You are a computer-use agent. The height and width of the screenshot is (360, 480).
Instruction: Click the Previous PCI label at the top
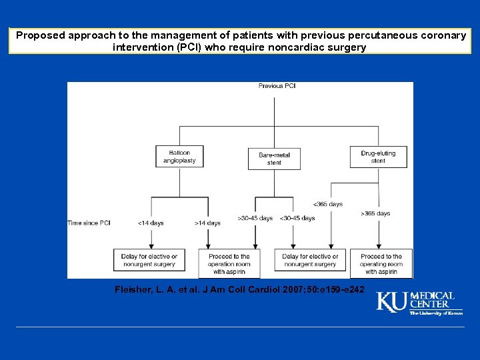277,86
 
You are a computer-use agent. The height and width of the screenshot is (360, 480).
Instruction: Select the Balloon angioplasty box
178,157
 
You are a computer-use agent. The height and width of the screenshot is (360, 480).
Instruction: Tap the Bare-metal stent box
274,158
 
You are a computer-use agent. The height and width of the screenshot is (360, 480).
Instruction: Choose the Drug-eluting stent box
378,157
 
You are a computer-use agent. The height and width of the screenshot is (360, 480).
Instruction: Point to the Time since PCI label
89,223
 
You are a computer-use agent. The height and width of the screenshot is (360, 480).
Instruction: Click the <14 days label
151,223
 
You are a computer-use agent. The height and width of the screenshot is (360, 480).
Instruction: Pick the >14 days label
207,223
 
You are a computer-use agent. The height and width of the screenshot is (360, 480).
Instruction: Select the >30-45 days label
255,218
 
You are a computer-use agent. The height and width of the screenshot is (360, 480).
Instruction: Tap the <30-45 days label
297,218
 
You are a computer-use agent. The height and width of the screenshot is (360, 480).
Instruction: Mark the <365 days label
327,204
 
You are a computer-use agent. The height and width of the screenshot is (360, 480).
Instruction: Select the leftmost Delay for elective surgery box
149,260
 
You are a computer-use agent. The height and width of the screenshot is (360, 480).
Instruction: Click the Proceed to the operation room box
229,263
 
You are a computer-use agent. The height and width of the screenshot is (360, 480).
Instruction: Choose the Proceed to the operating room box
381,263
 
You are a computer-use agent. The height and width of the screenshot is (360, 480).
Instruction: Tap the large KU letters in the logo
392,302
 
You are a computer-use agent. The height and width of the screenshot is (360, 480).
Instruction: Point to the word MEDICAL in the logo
432,295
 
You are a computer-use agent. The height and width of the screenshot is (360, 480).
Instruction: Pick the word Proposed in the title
41,35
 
